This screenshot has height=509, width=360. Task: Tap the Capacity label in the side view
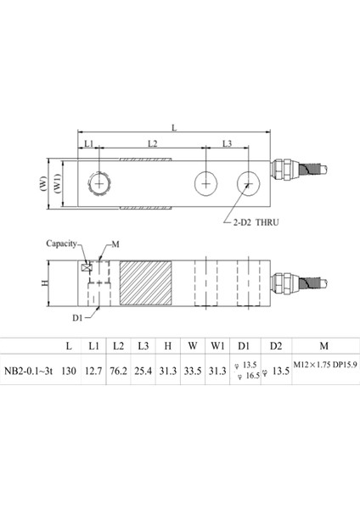63,242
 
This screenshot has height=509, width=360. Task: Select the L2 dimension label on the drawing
152,145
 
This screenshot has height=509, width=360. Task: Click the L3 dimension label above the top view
227,145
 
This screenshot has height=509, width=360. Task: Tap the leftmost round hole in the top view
100,182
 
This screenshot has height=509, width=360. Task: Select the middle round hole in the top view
205,182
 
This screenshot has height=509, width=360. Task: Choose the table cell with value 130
69,369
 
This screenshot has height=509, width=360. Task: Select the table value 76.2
118,369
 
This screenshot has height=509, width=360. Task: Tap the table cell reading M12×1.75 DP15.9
325,365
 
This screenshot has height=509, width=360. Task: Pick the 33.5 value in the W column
192,369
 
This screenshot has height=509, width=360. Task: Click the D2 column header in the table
274,345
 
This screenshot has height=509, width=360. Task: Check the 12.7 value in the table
93,369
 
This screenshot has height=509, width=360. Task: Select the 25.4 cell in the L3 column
143,369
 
